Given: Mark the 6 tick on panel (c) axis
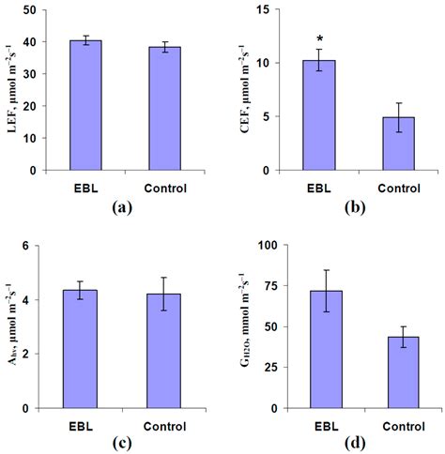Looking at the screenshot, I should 38,247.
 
